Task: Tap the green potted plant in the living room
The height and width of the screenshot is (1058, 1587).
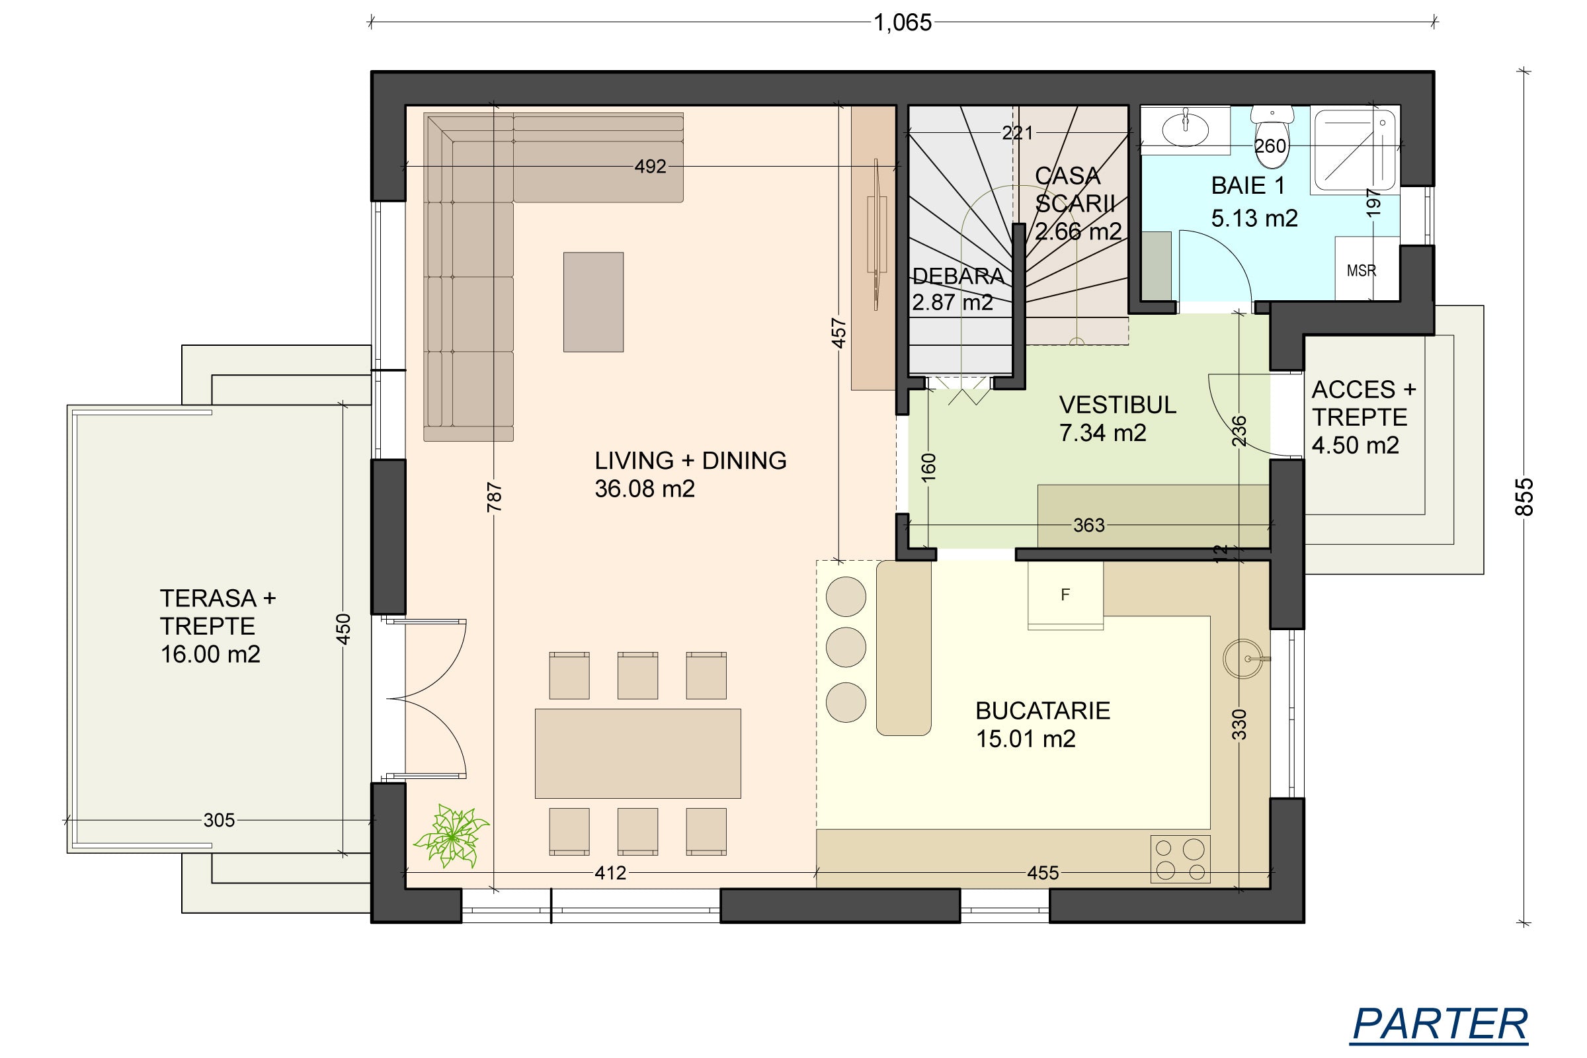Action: point(452,835)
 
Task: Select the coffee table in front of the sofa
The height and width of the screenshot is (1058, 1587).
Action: point(593,302)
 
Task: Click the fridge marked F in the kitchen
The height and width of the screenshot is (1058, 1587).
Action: point(1065,595)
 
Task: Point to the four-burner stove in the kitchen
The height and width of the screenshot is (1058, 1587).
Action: point(1180,859)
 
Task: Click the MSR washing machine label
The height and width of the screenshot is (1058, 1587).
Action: point(1361,270)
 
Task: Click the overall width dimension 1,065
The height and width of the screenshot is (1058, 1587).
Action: point(903,23)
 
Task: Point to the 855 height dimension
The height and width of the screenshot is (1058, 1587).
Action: point(1524,497)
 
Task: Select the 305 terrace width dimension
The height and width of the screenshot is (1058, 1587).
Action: point(220,820)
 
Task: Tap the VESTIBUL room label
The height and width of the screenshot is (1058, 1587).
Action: point(1118,405)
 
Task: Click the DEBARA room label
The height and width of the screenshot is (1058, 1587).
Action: point(958,276)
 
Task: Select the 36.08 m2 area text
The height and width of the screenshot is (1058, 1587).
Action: point(644,489)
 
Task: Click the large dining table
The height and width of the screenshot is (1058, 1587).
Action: point(637,753)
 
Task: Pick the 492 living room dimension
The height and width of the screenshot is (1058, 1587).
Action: point(651,166)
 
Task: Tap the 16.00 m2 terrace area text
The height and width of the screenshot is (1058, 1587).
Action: point(210,654)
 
